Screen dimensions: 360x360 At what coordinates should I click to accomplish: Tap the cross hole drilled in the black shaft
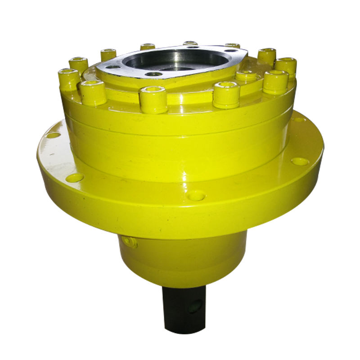(x=194, y=307)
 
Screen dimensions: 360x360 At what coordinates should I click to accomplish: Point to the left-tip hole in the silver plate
(x=114, y=67)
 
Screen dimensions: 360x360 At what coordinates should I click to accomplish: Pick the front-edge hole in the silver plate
(x=154, y=74)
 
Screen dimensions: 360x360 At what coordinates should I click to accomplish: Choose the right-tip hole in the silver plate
(x=232, y=51)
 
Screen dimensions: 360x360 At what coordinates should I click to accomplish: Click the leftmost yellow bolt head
(x=69, y=79)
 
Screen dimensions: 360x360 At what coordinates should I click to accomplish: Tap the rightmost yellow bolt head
(x=286, y=67)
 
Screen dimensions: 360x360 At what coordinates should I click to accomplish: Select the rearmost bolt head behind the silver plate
(x=190, y=44)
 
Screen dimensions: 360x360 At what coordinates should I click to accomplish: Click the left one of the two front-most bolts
(x=153, y=99)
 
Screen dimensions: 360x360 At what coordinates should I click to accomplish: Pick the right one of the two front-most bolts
(x=226, y=94)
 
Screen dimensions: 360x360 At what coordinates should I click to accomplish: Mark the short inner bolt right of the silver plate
(x=246, y=75)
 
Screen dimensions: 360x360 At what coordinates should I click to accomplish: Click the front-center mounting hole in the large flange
(x=196, y=196)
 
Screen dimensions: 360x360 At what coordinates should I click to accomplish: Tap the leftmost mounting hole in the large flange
(x=53, y=135)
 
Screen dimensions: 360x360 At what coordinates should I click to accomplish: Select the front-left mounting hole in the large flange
(x=75, y=178)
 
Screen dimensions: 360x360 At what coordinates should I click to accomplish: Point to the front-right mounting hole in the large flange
(x=300, y=161)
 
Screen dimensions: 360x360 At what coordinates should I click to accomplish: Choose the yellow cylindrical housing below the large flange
(x=182, y=259)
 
